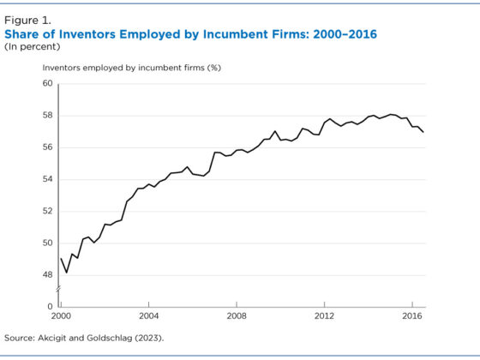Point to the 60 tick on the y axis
(46, 83)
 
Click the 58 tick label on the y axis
(46, 115)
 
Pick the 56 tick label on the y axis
(46, 147)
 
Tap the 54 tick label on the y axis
(46, 179)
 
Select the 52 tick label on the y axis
(46, 211)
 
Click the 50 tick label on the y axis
(46, 243)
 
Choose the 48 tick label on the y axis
(46, 275)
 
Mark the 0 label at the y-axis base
(50, 306)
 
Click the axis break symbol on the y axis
(60, 292)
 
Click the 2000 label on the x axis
(61, 315)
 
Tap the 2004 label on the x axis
(148, 315)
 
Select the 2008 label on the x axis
(237, 315)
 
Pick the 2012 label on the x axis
(324, 315)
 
